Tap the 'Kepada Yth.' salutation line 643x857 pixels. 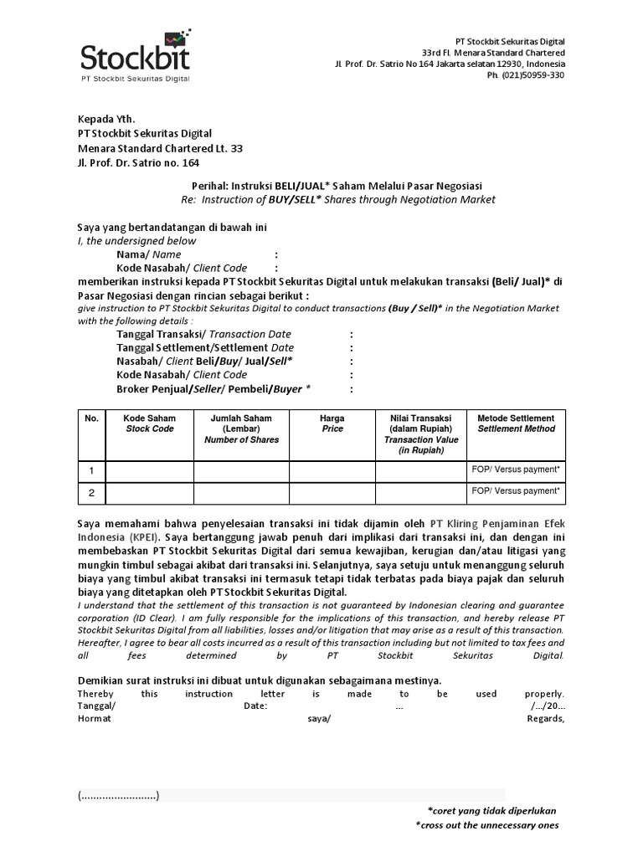click(x=105, y=119)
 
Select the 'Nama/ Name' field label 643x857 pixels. click(x=148, y=254)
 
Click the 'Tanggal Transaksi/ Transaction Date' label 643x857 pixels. click(x=203, y=335)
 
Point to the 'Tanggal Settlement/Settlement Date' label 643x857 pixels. click(x=205, y=347)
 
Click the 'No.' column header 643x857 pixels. click(x=91, y=418)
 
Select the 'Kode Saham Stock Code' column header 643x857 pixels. click(x=150, y=423)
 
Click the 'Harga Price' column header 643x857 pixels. click(x=332, y=423)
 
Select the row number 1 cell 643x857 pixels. click(x=91, y=472)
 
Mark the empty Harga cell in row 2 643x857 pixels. click(x=332, y=494)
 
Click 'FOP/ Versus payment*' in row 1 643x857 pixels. click(x=516, y=470)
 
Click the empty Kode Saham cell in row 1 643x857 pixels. click(x=150, y=472)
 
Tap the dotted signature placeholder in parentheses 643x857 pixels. click(x=118, y=795)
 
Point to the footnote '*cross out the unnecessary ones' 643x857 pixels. click(x=487, y=825)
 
